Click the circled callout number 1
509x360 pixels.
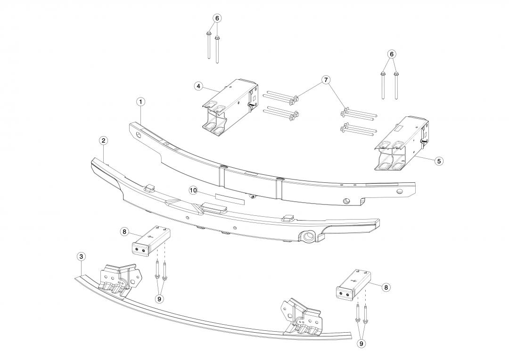140,101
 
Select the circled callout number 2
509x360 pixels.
103,140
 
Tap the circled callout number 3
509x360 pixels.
82,256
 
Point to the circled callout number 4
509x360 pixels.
198,86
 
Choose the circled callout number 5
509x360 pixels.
439,161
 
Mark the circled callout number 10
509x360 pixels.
193,190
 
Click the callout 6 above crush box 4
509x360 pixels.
217,18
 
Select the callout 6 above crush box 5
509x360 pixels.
391,54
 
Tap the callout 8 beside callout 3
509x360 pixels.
124,231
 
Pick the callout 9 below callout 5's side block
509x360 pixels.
361,344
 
